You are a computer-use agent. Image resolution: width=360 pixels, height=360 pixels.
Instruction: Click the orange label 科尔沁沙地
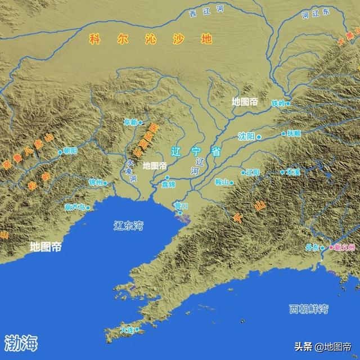pyautogui.click(x=150, y=39)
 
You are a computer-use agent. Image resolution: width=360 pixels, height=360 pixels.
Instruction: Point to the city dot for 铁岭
pyautogui.click(x=288, y=103)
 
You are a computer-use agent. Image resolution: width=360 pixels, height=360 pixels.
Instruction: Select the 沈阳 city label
pyautogui.click(x=247, y=136)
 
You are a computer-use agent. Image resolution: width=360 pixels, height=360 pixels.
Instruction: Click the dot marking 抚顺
pyautogui.click(x=283, y=134)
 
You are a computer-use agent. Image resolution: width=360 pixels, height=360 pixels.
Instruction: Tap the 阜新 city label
pyautogui.click(x=130, y=122)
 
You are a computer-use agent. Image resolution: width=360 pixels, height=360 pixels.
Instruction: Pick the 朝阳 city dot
pyautogui.click(x=60, y=151)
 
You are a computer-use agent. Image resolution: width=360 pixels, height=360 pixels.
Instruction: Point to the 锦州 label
pyautogui.click(x=96, y=182)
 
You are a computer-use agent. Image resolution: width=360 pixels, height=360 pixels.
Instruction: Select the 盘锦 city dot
pyautogui.click(x=167, y=177)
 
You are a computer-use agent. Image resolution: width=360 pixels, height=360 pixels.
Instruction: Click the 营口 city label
pyautogui.click(x=181, y=206)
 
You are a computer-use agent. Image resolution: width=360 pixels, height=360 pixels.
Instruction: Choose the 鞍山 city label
pyautogui.click(x=222, y=182)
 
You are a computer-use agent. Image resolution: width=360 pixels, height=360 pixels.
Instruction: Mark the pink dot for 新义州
pyautogui.click(x=331, y=247)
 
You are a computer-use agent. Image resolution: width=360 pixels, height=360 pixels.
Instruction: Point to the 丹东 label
pyautogui.click(x=312, y=247)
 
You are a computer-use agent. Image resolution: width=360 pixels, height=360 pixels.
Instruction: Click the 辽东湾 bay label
pyautogui.click(x=128, y=226)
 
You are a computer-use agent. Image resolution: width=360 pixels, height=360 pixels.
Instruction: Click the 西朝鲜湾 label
pyautogui.click(x=309, y=309)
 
